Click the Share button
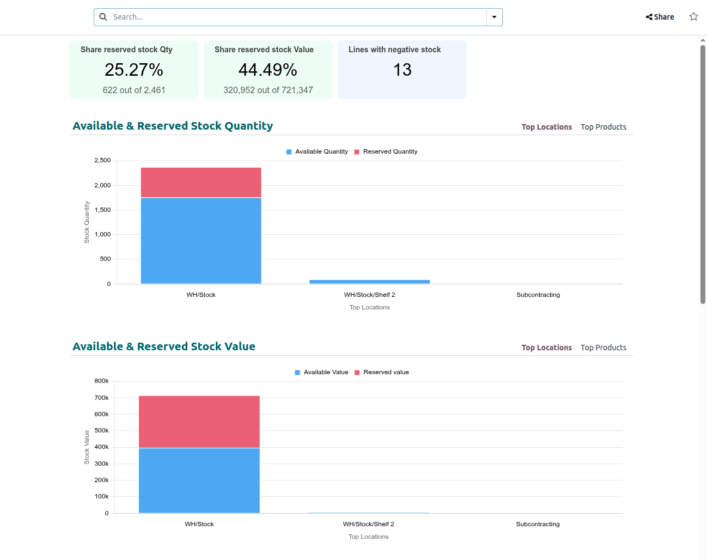[660, 17]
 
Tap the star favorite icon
[693, 16]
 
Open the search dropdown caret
[494, 17]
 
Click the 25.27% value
[134, 70]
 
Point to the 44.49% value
[268, 70]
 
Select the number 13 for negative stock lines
[402, 70]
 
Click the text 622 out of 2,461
[134, 90]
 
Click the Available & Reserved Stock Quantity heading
[173, 126]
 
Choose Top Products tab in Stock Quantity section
[603, 127]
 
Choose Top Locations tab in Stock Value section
[546, 348]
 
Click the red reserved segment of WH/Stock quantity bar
[201, 182]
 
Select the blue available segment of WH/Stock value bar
[199, 480]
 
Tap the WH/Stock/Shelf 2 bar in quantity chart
[369, 282]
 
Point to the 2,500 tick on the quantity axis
[102, 161]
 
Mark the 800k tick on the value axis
[101, 381]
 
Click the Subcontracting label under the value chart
[538, 524]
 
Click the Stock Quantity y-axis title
[87, 222]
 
